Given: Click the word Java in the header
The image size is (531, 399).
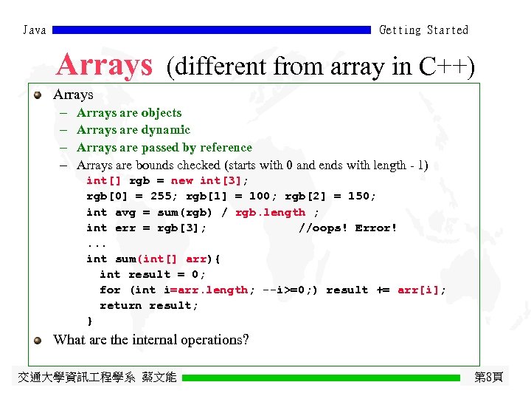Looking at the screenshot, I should (34, 30).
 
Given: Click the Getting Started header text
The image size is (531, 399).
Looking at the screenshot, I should (423, 30).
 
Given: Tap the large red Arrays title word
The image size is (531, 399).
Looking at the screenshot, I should (104, 65).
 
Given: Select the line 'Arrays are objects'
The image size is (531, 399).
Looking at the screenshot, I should (129, 113).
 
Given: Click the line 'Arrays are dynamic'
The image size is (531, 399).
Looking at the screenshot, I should (133, 130).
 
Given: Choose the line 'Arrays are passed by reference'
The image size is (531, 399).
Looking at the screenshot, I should (164, 148).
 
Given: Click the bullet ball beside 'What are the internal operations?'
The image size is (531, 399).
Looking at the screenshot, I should (37, 340).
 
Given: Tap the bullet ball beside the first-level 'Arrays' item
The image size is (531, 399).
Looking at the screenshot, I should (37, 95).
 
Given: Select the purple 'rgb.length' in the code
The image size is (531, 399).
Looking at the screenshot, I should (270, 213).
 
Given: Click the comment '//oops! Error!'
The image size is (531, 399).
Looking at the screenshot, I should (347, 228).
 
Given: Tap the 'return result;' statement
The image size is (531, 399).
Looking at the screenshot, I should (149, 305).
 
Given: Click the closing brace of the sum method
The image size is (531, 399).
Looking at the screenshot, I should (90, 321).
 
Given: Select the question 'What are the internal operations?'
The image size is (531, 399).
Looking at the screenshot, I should (151, 340).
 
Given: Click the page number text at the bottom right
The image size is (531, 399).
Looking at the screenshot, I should (488, 378).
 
